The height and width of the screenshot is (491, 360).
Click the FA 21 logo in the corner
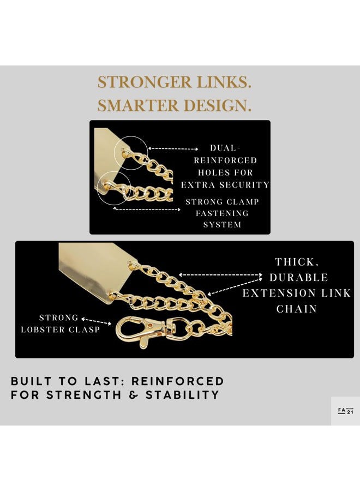(x=346, y=411)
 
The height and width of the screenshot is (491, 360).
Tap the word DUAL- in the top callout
(x=225, y=148)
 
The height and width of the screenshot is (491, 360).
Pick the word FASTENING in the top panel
(x=222, y=213)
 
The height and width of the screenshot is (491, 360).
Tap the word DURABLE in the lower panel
(x=299, y=278)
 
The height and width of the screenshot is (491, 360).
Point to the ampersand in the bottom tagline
(x=133, y=395)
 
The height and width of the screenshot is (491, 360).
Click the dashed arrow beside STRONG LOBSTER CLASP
(x=96, y=321)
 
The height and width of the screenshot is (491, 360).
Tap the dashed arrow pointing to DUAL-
(x=173, y=149)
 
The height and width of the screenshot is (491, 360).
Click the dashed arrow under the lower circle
(x=147, y=209)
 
